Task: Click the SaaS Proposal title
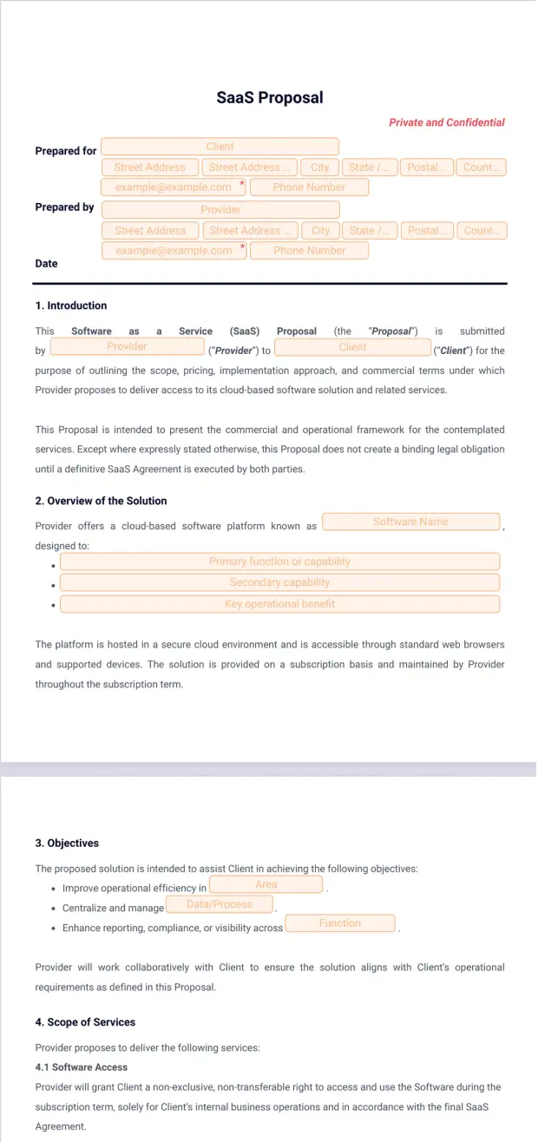(x=269, y=97)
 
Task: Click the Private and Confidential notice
(x=446, y=122)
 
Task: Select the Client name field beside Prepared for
(x=220, y=147)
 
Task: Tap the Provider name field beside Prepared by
(x=220, y=210)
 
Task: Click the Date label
(x=46, y=264)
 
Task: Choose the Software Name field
(x=410, y=522)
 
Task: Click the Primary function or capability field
(x=279, y=561)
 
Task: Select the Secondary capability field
(x=279, y=582)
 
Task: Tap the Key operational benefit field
(x=279, y=604)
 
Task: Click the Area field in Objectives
(x=266, y=884)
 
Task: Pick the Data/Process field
(x=219, y=904)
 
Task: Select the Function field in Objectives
(x=339, y=923)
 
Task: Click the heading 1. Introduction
(x=71, y=305)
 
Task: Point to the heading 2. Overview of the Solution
(x=101, y=501)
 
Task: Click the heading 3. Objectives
(x=67, y=843)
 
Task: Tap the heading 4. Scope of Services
(x=85, y=1022)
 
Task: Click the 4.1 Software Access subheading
(x=81, y=1067)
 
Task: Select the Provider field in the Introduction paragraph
(x=127, y=346)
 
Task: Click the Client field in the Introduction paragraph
(x=352, y=347)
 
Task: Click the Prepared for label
(x=65, y=151)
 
